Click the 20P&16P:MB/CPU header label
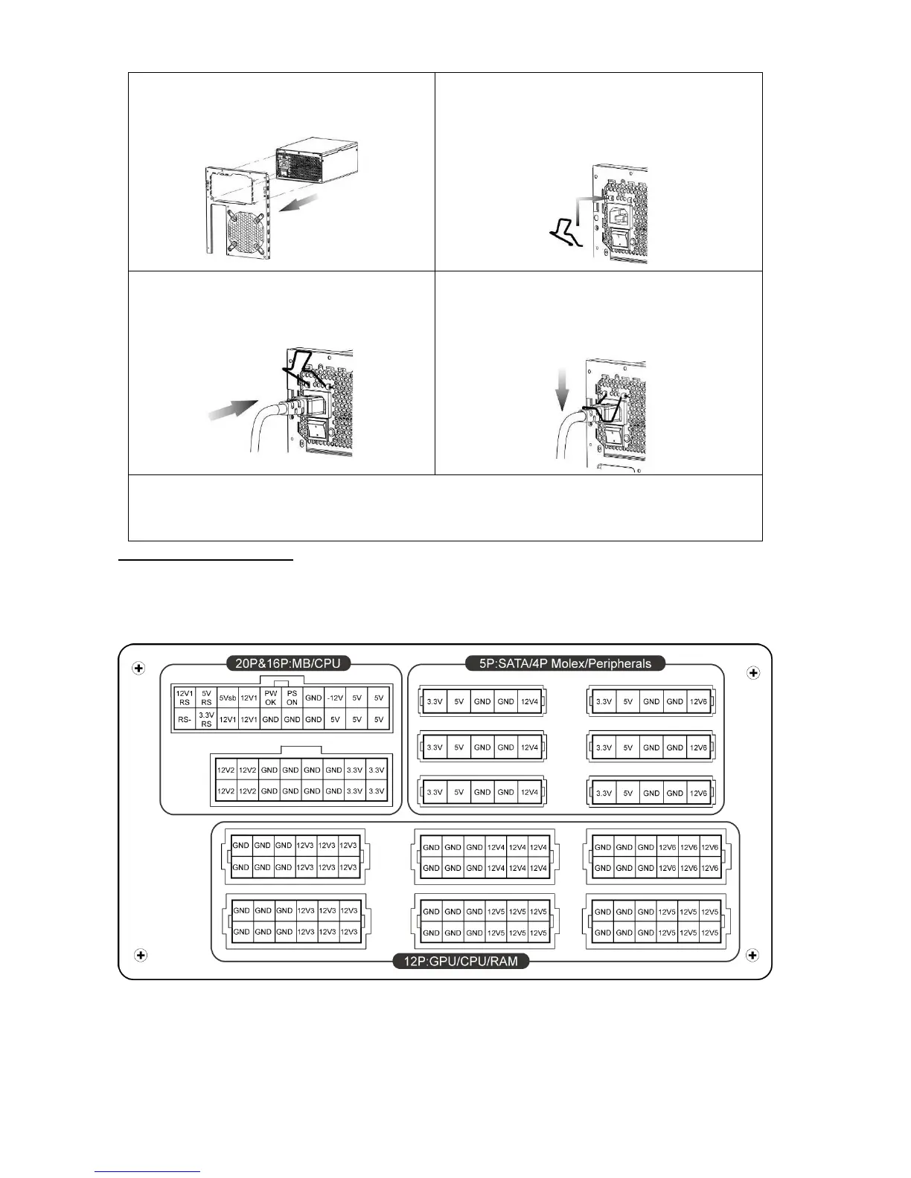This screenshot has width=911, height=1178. tap(287, 663)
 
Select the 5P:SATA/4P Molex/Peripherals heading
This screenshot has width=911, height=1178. tap(566, 663)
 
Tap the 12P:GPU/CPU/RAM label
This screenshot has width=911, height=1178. tap(460, 961)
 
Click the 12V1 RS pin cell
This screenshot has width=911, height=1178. tap(184, 698)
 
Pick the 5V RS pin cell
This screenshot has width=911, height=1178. tap(206, 698)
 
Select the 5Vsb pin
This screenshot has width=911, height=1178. tap(228, 698)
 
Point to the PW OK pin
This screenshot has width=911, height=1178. tap(270, 698)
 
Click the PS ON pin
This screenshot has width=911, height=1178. tap(292, 698)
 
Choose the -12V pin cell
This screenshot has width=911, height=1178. tap(335, 698)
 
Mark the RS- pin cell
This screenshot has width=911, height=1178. tap(184, 719)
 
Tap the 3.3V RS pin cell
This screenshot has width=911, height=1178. tap(206, 719)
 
